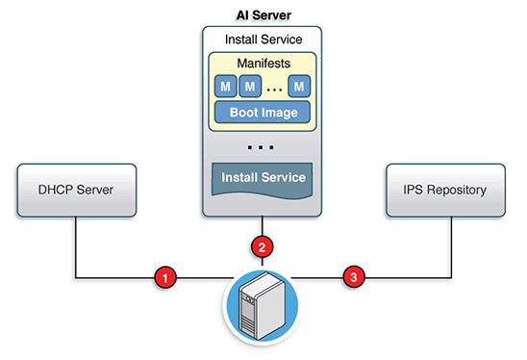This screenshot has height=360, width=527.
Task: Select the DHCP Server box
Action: coord(76,189)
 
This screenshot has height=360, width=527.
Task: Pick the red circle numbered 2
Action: coord(262,245)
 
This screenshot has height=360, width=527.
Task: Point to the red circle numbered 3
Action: coord(354,278)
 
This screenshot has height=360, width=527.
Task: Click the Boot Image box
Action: coord(262,112)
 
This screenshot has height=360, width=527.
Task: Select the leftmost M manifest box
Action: coord(225,87)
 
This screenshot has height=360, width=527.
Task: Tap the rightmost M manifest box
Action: coord(300,87)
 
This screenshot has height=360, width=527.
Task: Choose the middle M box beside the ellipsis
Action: coord(250,87)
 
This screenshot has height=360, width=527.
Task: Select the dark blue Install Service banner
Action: coord(262,179)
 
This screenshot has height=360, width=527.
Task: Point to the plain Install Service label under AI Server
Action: coord(262,40)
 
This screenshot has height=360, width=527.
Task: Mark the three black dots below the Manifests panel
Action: coord(262,148)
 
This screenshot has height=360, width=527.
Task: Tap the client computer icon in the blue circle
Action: coord(262,306)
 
